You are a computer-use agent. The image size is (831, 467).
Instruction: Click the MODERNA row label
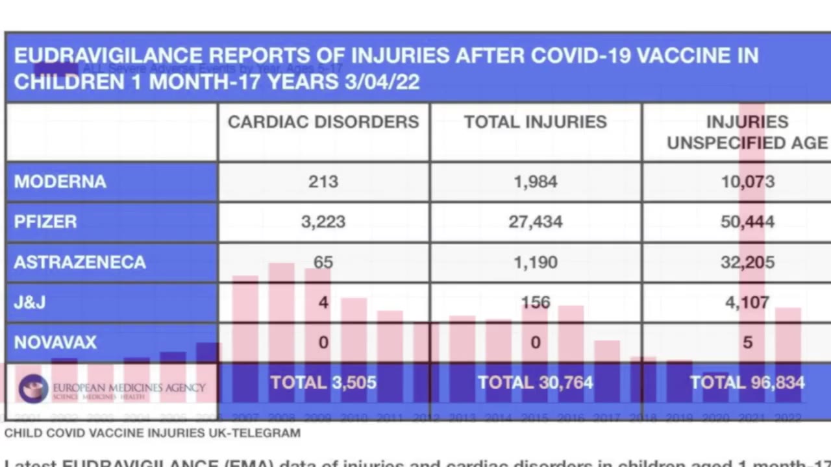coord(60,182)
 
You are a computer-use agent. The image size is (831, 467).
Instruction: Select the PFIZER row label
coord(45,222)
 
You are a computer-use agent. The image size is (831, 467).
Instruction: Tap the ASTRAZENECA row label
coord(80,262)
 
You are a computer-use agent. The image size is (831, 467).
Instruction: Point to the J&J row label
coord(30,302)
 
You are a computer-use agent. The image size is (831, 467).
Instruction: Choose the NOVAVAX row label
coord(55,342)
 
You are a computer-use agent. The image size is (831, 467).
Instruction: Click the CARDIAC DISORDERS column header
coord(323,122)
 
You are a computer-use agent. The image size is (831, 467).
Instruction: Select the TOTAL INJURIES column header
coord(536,122)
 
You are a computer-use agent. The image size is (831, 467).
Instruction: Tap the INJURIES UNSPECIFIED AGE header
coord(747,132)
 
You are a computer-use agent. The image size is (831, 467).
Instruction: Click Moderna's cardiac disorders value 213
coord(323,182)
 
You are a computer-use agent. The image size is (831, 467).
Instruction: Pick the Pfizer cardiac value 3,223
coord(323,222)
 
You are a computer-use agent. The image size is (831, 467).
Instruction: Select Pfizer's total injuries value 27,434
coord(536,222)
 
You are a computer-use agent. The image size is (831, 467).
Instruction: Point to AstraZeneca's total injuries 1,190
coord(536,262)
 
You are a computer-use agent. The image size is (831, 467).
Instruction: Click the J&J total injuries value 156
coord(536,302)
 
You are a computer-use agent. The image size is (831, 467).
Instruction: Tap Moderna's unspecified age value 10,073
coord(747,182)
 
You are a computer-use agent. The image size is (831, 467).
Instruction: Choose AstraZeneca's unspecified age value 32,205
coord(747,262)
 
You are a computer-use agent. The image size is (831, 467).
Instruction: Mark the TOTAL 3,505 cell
coord(323,383)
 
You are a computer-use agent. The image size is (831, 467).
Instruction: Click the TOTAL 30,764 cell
coord(536,383)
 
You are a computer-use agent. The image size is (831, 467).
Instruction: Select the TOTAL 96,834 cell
coord(747,383)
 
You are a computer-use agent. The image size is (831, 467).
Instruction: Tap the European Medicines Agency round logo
coord(33,389)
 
